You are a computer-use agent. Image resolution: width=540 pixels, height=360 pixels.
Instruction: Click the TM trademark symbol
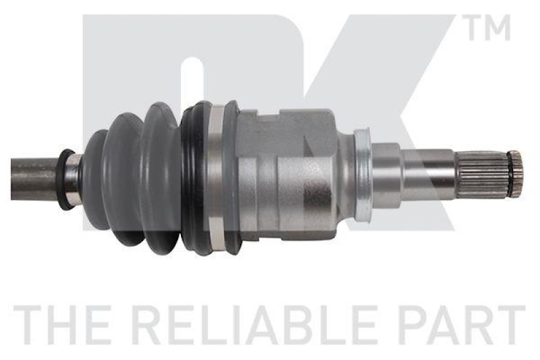(488, 27)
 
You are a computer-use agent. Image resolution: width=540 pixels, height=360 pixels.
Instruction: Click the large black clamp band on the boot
(194, 179)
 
